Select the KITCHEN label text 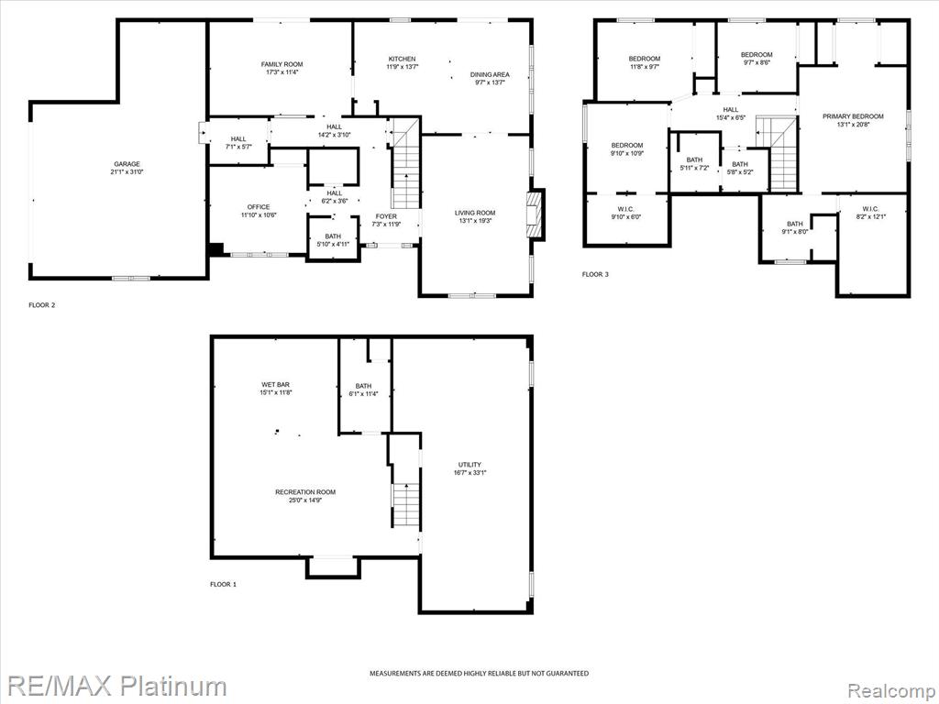tap(402, 59)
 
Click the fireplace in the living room tap(534, 215)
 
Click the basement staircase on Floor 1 tap(406, 505)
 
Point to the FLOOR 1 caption tap(223, 584)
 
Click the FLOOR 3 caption tap(595, 274)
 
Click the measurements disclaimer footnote tap(479, 674)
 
